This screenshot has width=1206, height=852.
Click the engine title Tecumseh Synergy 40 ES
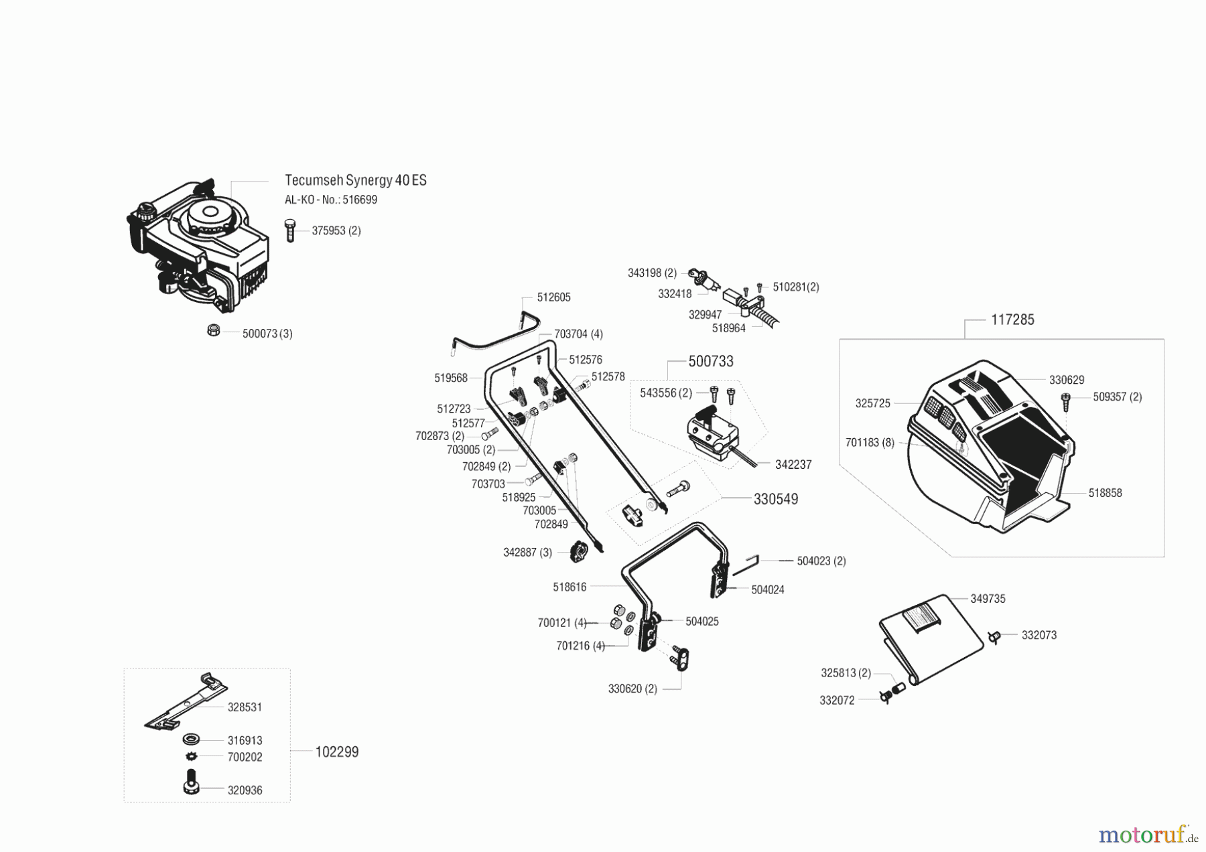pos(355,180)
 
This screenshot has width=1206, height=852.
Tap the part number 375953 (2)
pos(336,230)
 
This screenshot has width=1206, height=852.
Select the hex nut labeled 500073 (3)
pos(214,330)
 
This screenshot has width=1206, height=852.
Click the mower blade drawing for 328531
pos(186,701)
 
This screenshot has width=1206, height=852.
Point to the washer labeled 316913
pos(192,740)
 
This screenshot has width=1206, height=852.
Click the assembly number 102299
pos(337,752)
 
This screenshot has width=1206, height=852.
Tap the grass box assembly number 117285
pos(1012,319)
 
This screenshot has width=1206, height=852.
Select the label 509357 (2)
pos(1117,397)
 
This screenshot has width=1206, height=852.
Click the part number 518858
pos(1105,493)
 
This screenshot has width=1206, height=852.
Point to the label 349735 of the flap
pos(988,599)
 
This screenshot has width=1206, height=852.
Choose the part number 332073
pos(1038,635)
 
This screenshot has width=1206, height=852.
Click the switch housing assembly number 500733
pos(710,362)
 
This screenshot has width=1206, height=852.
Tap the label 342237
pos(793,465)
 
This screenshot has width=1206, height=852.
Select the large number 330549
pos(775,500)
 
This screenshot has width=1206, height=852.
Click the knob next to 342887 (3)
pos(578,553)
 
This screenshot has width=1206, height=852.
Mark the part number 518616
pos(569,587)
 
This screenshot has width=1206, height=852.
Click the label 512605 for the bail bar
pos(553,297)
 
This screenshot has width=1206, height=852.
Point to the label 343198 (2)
pos(652,273)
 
